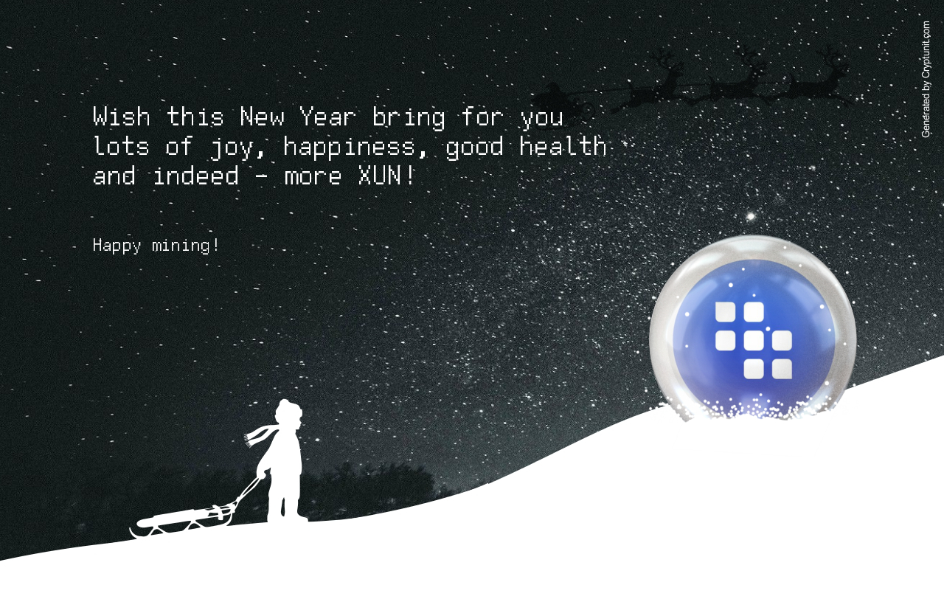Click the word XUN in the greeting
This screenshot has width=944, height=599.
[379, 175]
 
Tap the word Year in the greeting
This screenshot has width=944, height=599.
[327, 117]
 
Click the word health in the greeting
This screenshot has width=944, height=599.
[563, 146]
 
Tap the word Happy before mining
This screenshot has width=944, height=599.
[117, 246]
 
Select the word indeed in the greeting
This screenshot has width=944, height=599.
[195, 175]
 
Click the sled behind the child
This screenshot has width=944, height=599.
[182, 522]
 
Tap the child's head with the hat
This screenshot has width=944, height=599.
[288, 412]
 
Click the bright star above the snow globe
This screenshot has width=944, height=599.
[751, 217]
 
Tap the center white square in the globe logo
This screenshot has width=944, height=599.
[754, 341]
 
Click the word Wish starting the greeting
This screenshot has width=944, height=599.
[122, 117]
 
